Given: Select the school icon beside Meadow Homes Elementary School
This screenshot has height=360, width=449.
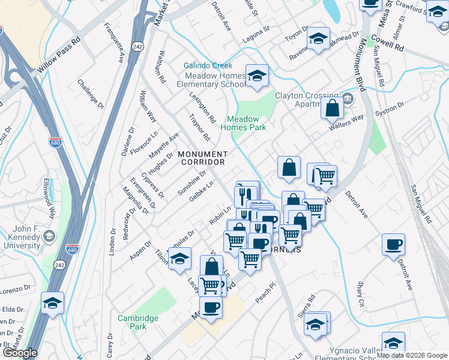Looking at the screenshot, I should click(x=257, y=76).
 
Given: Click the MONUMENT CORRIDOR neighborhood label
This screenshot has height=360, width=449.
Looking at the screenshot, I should click(x=202, y=158).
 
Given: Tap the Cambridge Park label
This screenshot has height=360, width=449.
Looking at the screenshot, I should click(x=139, y=322).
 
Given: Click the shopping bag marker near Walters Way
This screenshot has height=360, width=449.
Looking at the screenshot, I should click(x=332, y=108).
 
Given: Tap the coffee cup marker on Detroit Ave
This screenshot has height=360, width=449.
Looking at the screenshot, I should click(x=394, y=244).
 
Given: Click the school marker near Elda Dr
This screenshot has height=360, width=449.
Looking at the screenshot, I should click(x=53, y=303).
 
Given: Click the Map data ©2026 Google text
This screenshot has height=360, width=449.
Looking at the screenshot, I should click(x=412, y=355).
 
